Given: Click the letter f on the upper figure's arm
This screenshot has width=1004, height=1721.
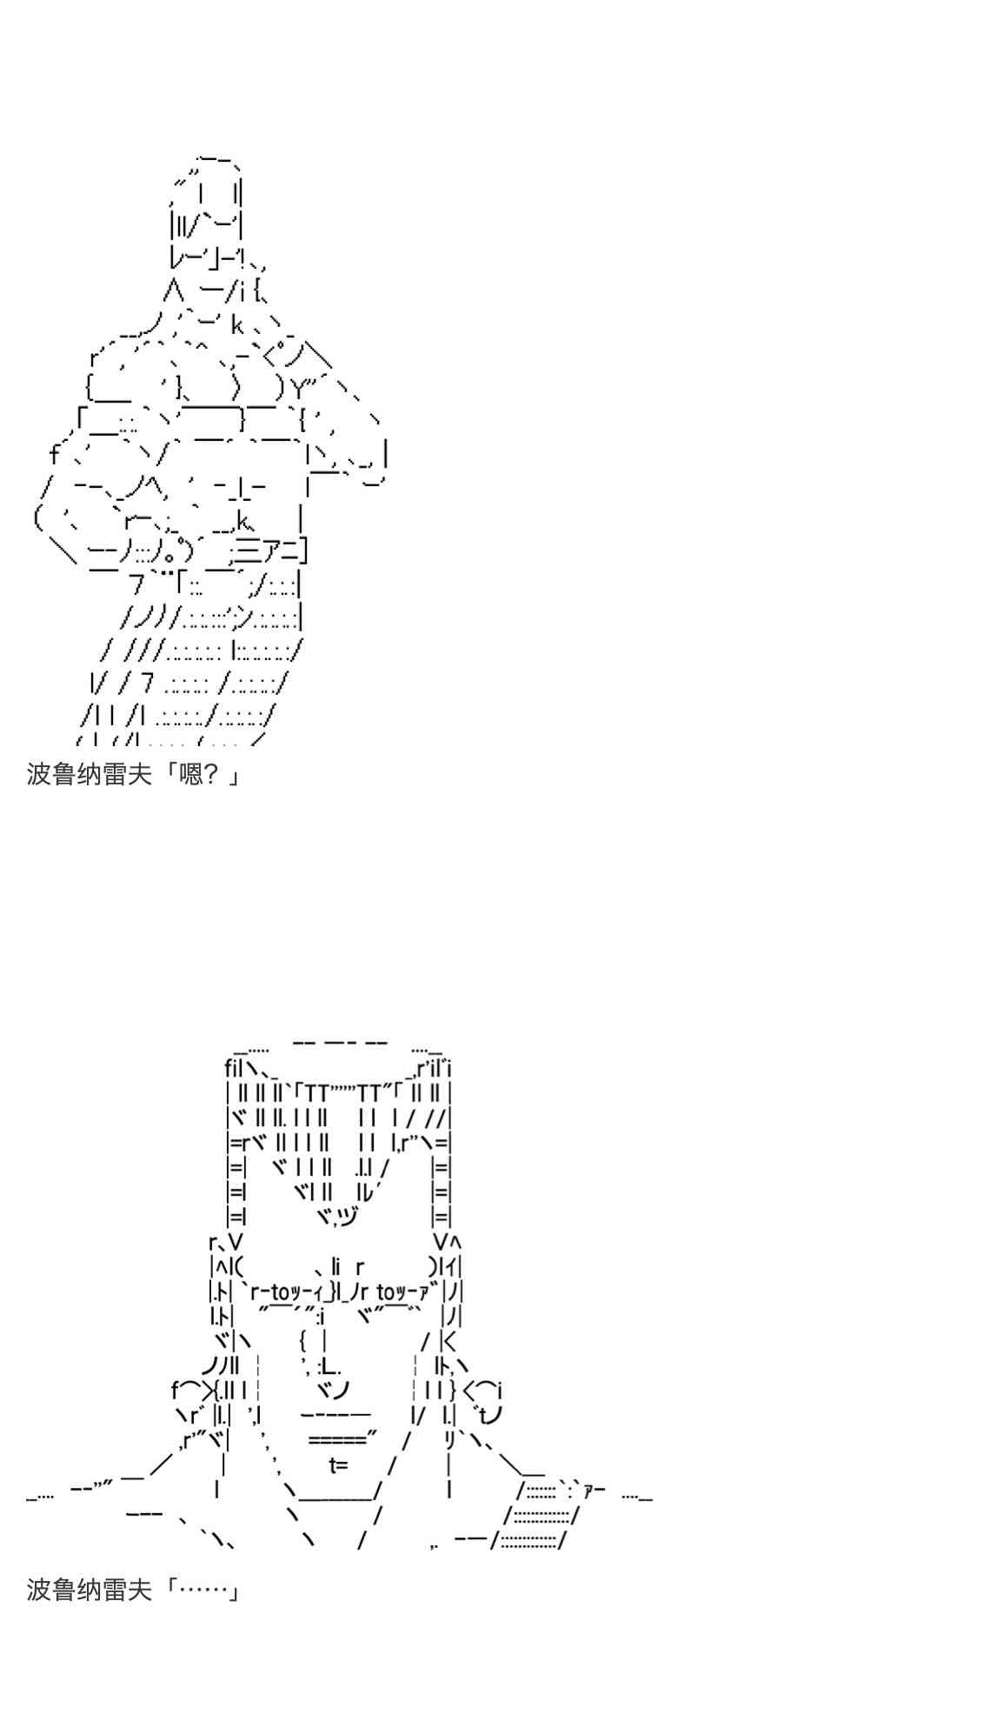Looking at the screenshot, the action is click(54, 454).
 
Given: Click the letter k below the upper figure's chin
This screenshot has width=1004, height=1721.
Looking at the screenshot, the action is click(237, 326).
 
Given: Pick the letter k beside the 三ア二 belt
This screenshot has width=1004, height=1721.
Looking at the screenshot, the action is click(243, 522).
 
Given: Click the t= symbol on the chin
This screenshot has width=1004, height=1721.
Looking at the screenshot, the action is click(338, 1465).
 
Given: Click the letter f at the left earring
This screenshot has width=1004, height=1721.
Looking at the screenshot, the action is click(176, 1390).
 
